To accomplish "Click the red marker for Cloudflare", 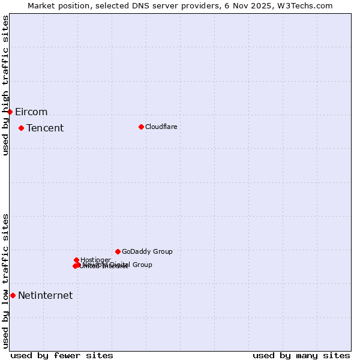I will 141,127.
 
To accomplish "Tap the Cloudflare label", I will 161,127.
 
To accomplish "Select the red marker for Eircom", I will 10,112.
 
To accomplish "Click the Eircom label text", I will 31,112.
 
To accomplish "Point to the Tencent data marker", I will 21,128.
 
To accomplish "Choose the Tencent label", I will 45,128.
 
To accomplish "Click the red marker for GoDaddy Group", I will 118,251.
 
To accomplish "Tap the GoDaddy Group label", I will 147,252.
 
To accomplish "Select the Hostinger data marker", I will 76,260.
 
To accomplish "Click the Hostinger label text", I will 95,260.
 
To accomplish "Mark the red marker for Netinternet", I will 13,295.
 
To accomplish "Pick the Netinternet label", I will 45,296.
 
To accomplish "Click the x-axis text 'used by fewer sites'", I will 62,355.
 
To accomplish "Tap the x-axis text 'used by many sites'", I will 301,355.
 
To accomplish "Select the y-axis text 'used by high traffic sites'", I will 6,85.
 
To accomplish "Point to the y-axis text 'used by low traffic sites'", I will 6,281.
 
